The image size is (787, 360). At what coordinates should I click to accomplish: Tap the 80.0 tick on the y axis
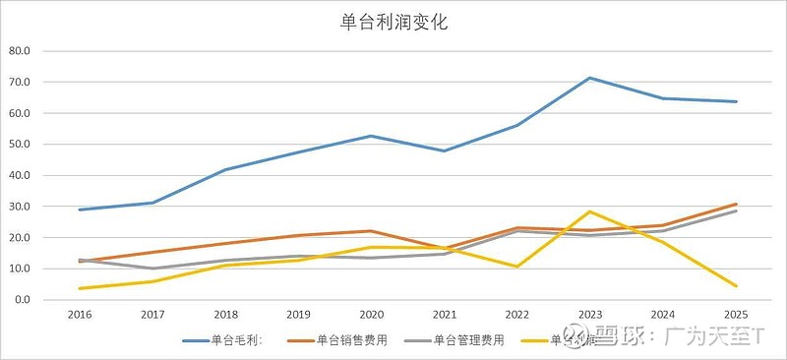[x=20, y=51]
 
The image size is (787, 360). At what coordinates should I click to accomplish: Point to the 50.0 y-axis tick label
[x=20, y=145]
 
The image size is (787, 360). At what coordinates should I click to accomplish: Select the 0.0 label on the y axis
[x=23, y=300]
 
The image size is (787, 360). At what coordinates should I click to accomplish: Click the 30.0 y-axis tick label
[x=20, y=207]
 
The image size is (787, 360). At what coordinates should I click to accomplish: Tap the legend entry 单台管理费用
[x=469, y=340]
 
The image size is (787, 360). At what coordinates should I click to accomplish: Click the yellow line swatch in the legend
[x=531, y=340]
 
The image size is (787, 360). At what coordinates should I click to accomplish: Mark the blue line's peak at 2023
[x=589, y=78]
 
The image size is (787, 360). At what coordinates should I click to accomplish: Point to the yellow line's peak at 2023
[x=589, y=211]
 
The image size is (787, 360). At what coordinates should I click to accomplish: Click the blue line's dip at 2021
[x=443, y=150]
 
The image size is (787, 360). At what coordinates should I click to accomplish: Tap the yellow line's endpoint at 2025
[x=736, y=286]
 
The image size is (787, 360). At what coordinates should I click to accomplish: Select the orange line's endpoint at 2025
[x=736, y=204]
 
